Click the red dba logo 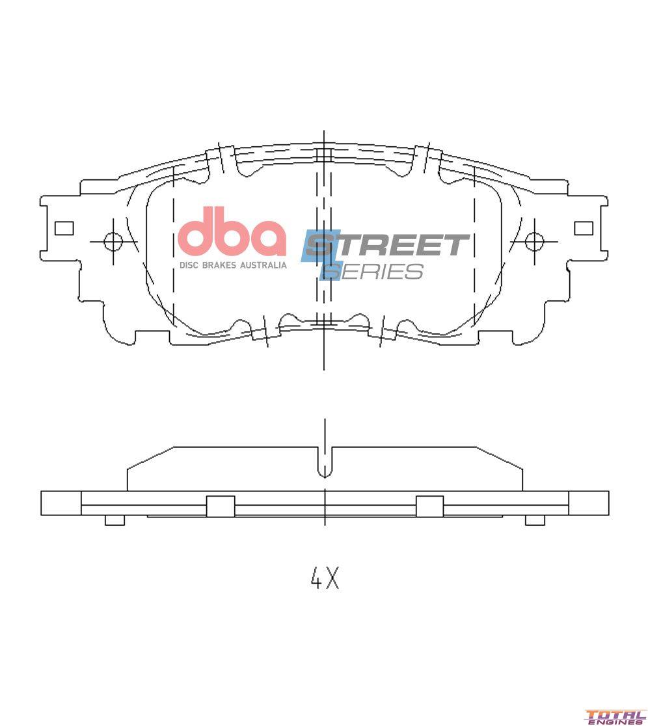(x=232, y=233)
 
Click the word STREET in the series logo (x=388, y=245)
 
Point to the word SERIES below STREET (x=374, y=271)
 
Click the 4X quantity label (x=324, y=577)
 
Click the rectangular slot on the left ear (x=64, y=228)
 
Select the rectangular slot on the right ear (x=584, y=228)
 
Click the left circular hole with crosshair (x=113, y=242)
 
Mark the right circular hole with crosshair (x=534, y=242)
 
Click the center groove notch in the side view (x=325, y=463)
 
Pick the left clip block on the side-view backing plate (x=221, y=506)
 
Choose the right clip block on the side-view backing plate (x=429, y=506)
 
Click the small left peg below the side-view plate (x=115, y=520)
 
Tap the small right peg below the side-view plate (x=535, y=520)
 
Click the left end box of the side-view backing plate (x=61, y=503)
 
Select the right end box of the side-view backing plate (x=589, y=503)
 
